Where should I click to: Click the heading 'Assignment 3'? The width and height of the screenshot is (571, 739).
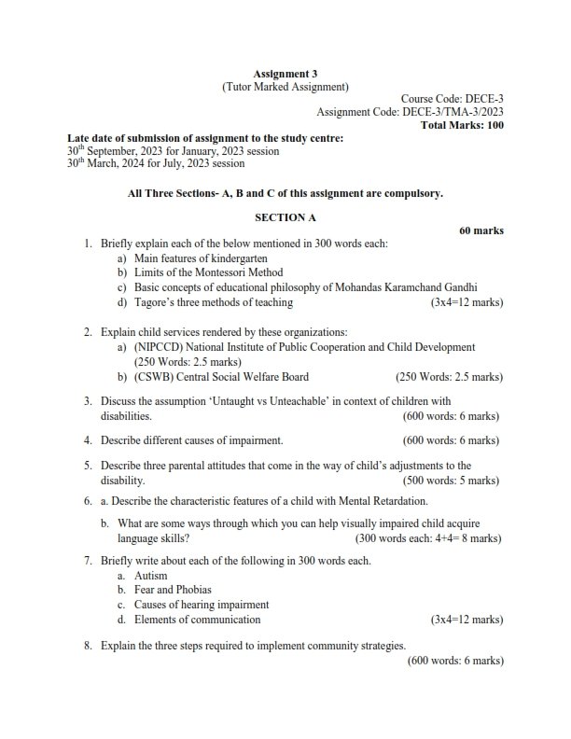point(285,73)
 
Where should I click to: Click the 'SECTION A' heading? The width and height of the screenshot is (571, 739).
point(285,217)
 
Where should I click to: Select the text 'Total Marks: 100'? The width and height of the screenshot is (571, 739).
point(462,125)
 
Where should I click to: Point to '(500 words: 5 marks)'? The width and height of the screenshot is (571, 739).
point(453,480)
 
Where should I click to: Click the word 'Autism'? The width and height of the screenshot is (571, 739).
point(151,576)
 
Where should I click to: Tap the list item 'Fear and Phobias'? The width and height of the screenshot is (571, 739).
point(173,590)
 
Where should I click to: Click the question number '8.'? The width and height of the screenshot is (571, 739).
point(88,645)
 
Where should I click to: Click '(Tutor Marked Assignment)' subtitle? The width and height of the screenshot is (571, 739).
point(285,87)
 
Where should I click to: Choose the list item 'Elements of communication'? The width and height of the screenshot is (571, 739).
point(197,620)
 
